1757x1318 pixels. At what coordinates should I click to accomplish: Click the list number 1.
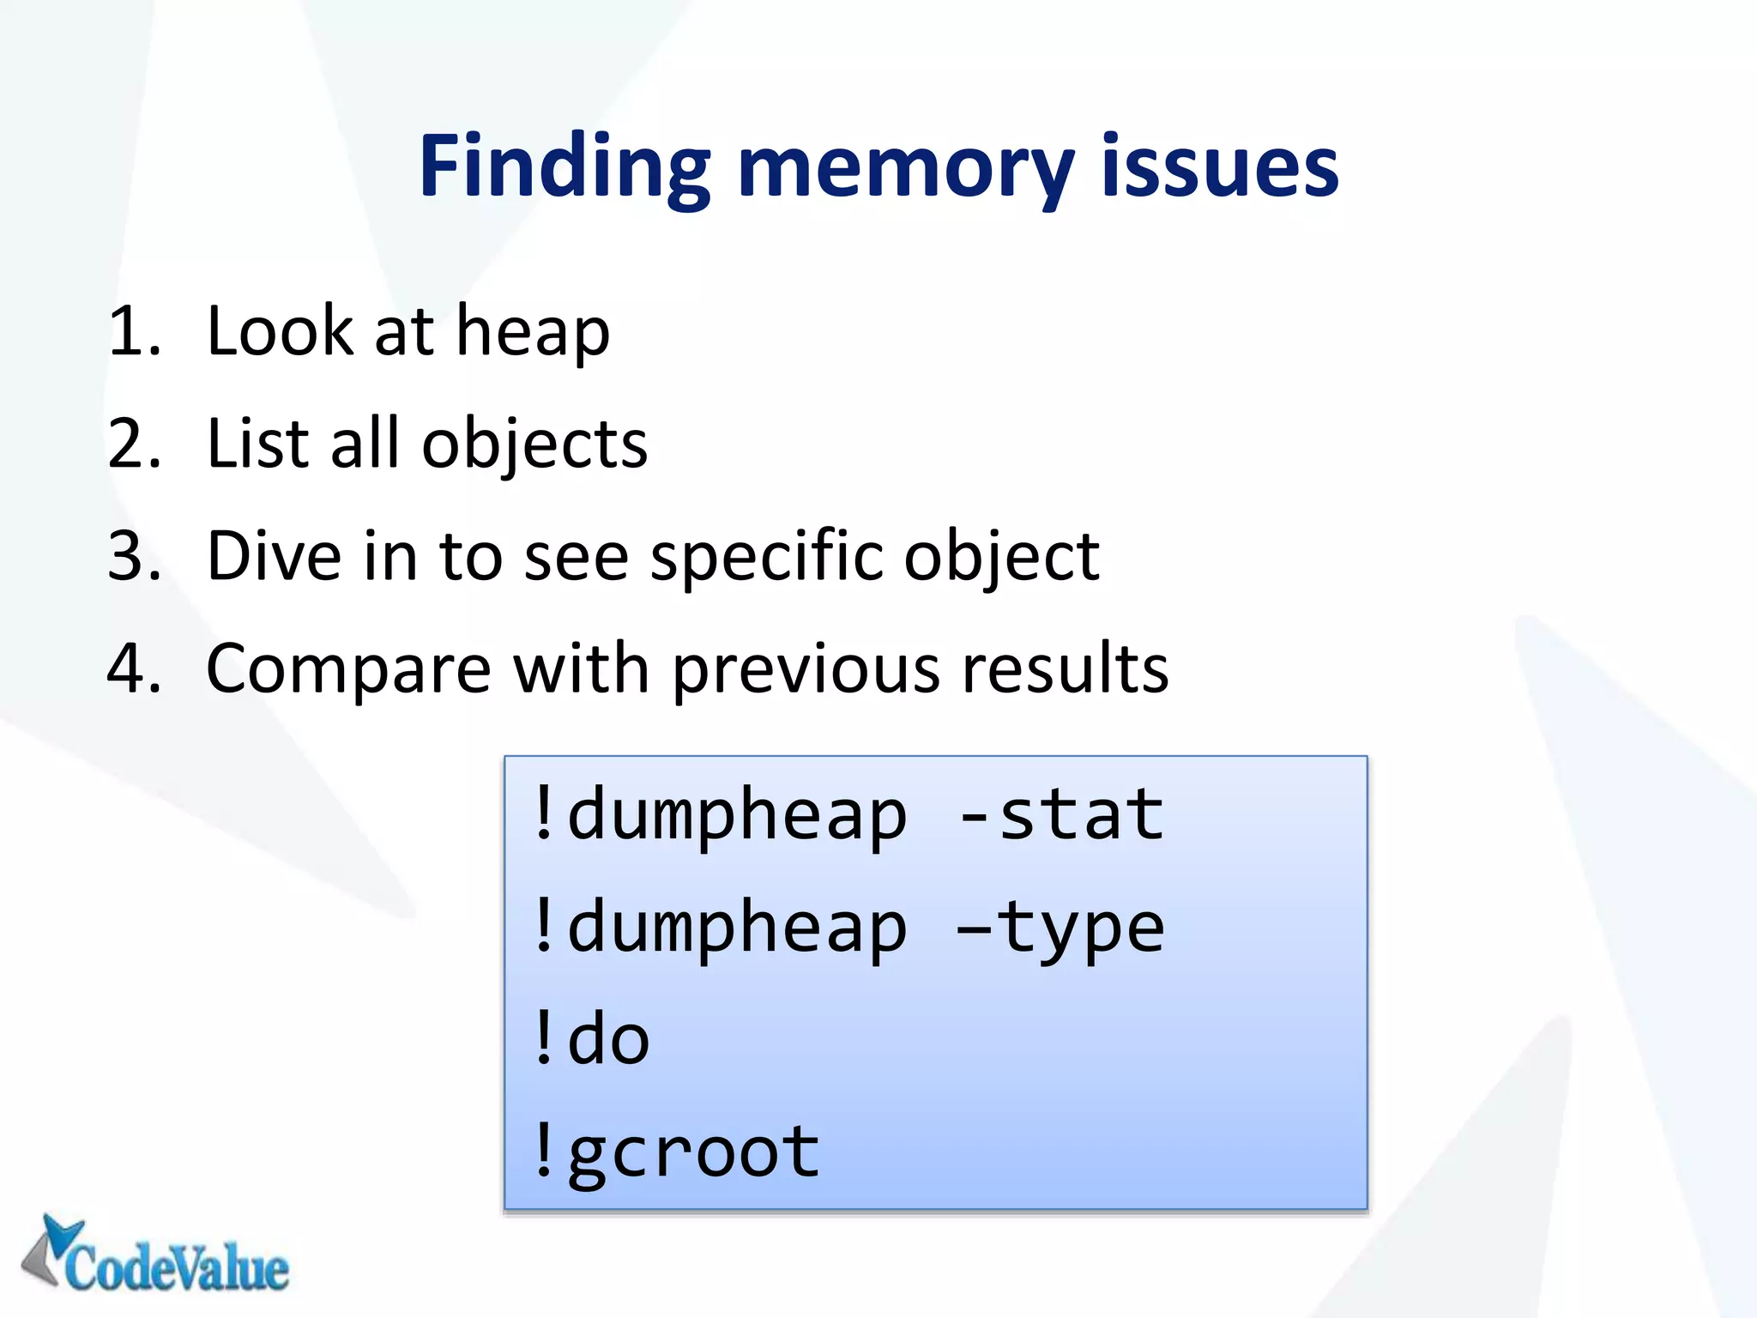point(134,332)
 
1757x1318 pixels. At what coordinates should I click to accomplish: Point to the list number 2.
point(134,444)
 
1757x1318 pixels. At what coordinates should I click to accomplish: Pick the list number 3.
point(134,557)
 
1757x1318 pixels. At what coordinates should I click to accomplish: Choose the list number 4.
point(134,669)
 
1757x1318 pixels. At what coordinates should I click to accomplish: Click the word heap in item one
point(532,332)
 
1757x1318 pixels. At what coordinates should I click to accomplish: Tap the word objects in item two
point(534,444)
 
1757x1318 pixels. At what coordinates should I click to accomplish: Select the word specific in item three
point(767,557)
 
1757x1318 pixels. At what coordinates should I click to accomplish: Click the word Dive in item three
point(274,557)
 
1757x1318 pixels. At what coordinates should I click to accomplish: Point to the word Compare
point(348,669)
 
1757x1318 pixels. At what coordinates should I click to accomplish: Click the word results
point(1065,669)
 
